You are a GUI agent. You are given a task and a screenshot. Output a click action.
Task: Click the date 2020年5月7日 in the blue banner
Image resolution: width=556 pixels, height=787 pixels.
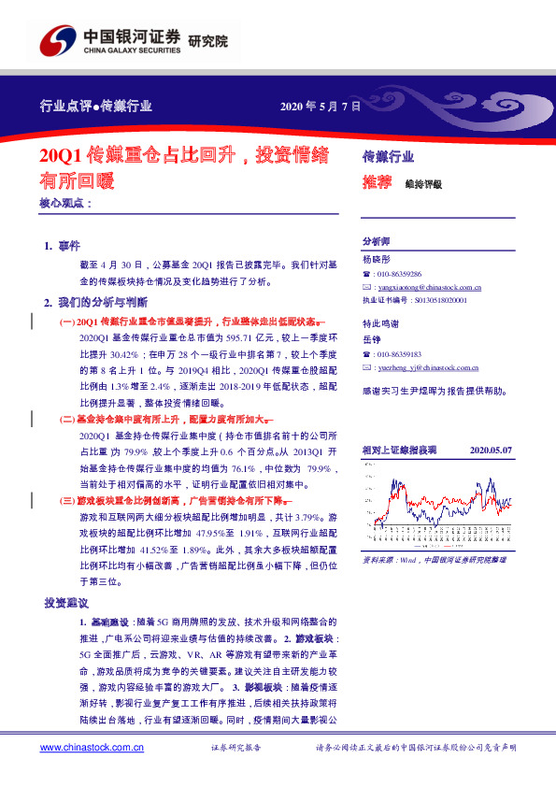click(x=320, y=107)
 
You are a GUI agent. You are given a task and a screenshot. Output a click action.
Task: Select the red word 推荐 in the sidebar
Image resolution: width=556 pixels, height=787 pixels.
click(x=376, y=184)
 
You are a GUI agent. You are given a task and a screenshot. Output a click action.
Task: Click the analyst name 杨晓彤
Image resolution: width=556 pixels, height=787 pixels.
click(x=377, y=258)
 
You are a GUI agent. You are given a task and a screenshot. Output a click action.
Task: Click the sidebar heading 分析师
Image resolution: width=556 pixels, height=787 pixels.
click(x=377, y=240)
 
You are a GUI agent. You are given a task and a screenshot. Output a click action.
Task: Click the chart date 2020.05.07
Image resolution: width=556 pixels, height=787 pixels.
click(x=491, y=450)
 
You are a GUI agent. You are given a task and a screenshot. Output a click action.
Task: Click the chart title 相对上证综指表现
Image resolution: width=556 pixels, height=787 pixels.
click(x=399, y=450)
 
